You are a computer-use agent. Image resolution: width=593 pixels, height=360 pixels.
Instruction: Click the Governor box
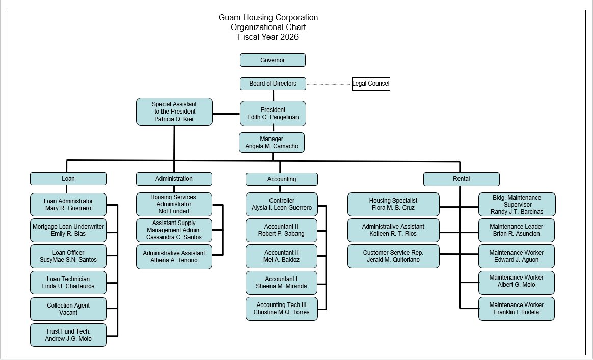coord(273,60)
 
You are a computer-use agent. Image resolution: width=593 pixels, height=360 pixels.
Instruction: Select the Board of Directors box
coord(273,84)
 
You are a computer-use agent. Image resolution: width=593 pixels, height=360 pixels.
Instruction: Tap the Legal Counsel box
coord(371,84)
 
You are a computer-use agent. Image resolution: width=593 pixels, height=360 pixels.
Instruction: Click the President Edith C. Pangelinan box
coord(273,114)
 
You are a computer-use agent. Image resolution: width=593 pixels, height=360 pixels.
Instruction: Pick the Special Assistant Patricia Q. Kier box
coord(174,112)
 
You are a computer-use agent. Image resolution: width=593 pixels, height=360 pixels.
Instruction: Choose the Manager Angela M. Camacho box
coord(272,143)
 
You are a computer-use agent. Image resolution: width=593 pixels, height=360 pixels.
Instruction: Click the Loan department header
coord(68,179)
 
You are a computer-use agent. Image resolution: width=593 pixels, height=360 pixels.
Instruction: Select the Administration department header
coord(174,179)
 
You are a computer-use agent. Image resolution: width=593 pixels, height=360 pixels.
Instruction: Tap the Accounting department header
coord(281,179)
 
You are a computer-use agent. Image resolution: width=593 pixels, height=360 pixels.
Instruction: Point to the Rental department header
coord(461,179)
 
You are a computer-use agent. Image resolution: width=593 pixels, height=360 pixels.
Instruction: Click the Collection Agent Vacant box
coord(68,309)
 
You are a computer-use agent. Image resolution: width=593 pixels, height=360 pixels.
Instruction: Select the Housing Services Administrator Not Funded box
coord(174,204)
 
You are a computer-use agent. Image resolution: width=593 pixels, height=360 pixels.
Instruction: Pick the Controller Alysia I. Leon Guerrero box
coord(281,204)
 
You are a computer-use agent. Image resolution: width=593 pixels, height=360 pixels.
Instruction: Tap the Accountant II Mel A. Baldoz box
coord(281,256)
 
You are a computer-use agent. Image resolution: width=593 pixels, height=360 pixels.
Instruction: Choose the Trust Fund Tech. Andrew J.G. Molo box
coord(68,335)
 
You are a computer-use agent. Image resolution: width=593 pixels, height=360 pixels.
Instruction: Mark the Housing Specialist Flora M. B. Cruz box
coord(393,204)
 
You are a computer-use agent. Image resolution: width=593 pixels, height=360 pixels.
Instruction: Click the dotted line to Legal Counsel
coord(329,84)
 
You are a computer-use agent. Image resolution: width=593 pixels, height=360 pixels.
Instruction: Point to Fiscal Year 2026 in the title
coord(268,37)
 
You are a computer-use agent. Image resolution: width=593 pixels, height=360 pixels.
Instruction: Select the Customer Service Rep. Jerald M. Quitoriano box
coord(393,256)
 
